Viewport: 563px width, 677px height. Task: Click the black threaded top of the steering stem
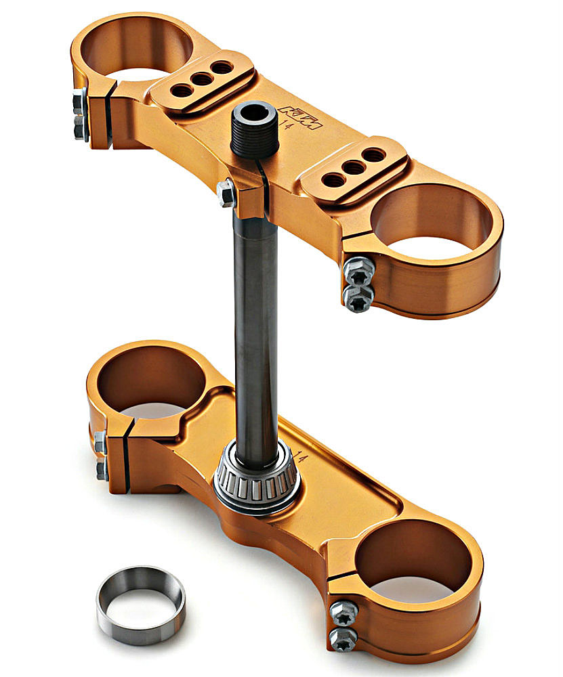click(255, 129)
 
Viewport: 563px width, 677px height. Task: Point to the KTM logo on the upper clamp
click(301, 117)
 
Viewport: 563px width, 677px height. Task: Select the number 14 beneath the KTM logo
click(286, 123)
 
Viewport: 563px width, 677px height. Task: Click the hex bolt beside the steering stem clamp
click(226, 193)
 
